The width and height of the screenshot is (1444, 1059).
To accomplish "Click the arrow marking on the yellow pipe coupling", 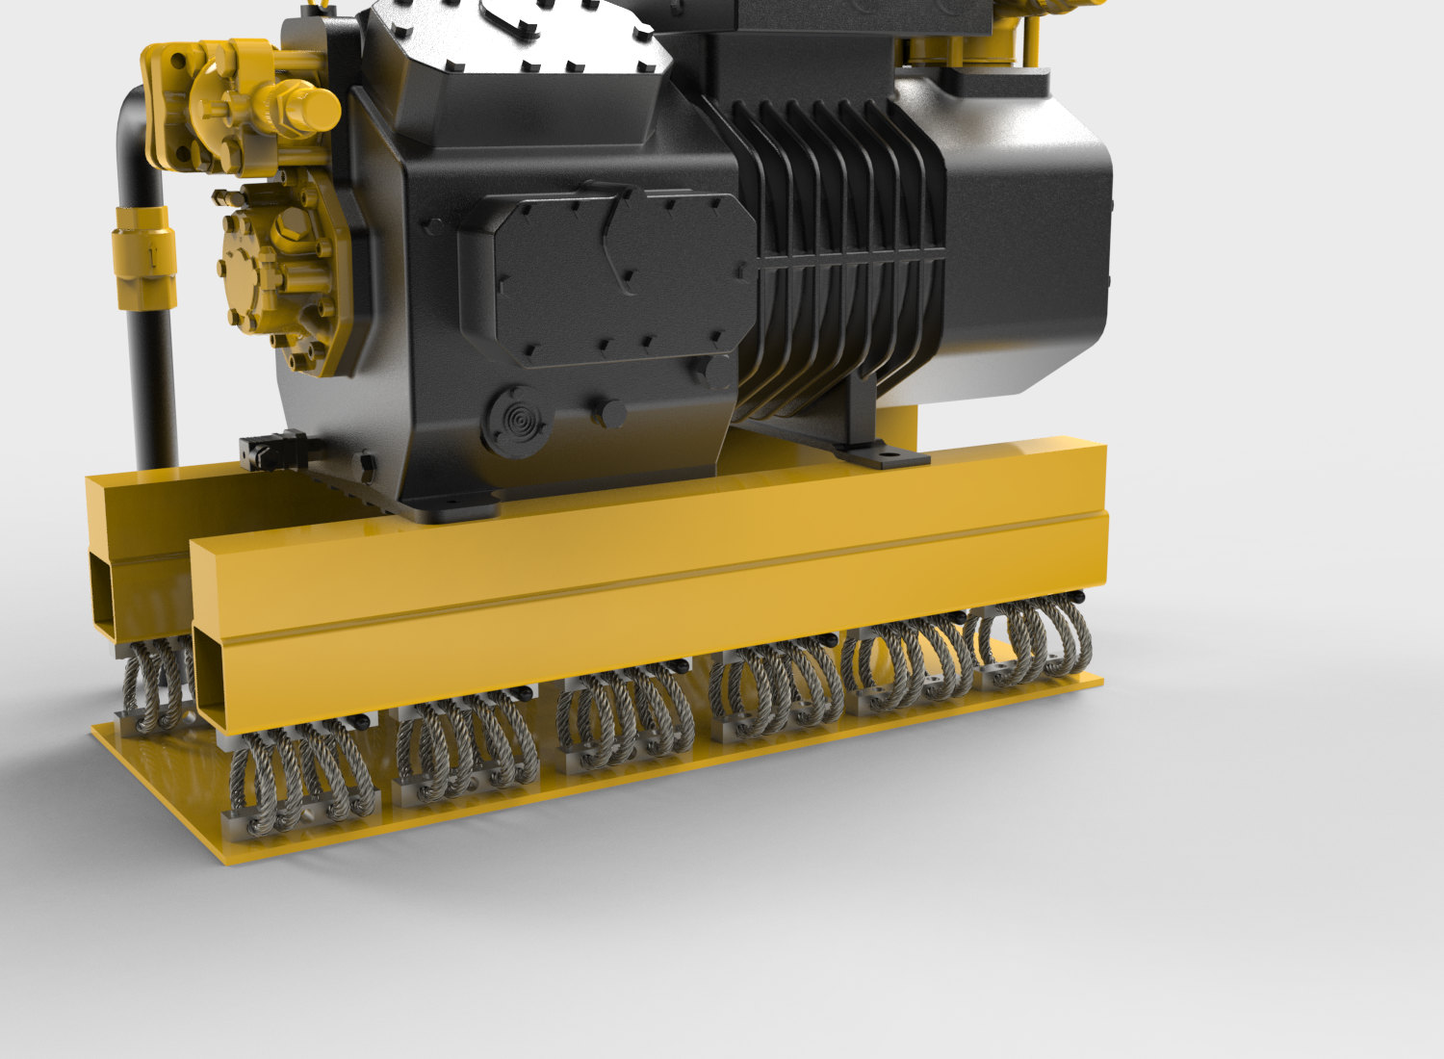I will pyautogui.click(x=152, y=256).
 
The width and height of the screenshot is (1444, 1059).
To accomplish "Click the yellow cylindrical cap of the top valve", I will pyautogui.click(x=313, y=108).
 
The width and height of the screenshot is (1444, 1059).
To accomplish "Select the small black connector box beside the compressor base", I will pyautogui.click(x=271, y=451).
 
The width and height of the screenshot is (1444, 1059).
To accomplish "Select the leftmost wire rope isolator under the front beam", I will pyautogui.click(x=298, y=780).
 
